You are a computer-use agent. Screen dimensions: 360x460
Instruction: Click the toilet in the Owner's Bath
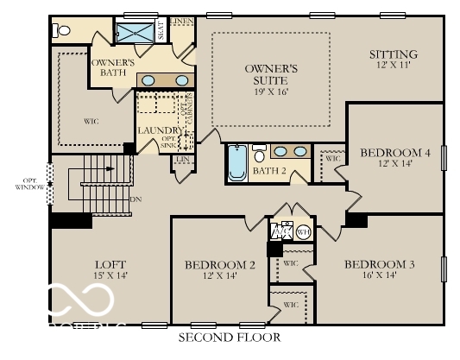[61, 30]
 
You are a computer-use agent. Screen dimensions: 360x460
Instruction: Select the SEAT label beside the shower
[161, 32]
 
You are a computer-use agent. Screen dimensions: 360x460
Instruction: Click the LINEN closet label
[181, 21]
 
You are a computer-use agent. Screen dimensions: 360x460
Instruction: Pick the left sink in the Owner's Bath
[148, 80]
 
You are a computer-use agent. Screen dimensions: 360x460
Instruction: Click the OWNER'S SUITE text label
[271, 74]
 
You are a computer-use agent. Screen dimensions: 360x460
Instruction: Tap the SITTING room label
[393, 54]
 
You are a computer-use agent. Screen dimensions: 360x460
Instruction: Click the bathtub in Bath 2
[237, 164]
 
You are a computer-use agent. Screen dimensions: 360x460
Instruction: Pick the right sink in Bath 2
[299, 152]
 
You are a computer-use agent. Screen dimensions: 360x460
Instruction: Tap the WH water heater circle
[303, 231]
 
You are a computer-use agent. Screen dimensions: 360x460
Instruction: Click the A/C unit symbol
[282, 231]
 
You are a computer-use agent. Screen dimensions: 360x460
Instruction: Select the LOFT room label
[111, 263]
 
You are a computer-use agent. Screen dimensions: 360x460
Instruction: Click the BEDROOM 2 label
[219, 264]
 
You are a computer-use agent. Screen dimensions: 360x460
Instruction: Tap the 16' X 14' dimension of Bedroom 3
[380, 276]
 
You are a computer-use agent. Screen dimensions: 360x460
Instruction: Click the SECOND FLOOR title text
[230, 337]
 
